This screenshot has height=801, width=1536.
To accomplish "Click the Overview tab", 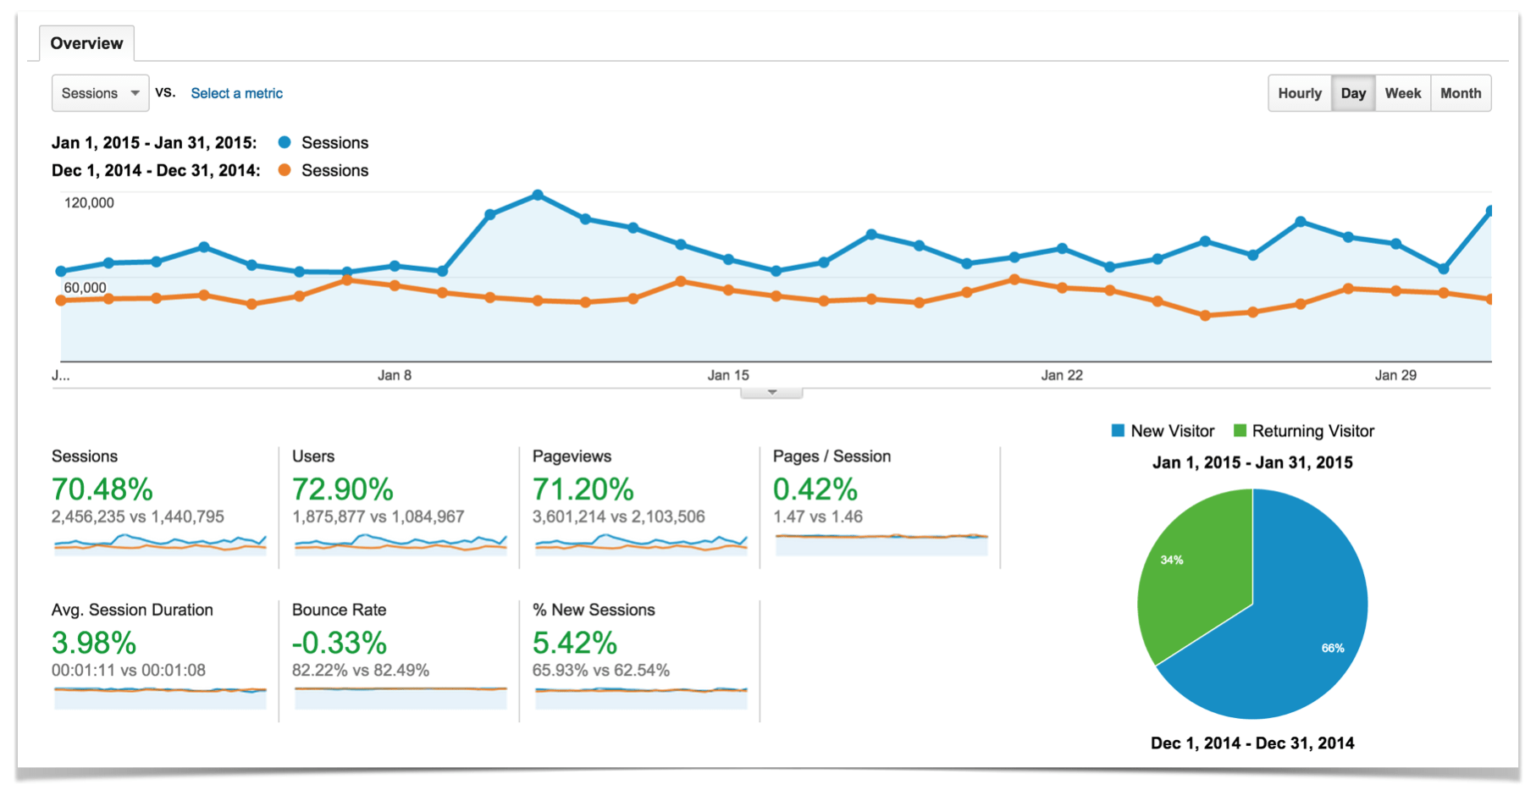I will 86,43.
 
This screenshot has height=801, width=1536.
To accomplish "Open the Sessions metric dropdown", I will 100,93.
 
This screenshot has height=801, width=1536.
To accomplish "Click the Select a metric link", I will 236,93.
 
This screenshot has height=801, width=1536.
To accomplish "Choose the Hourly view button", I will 1299,93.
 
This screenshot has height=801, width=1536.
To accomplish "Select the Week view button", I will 1402,93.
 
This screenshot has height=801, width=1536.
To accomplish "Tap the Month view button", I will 1460,93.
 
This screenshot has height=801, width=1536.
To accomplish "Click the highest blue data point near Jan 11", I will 538,196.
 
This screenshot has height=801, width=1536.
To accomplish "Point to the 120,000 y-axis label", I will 89,202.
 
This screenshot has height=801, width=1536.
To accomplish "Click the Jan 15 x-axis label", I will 728,375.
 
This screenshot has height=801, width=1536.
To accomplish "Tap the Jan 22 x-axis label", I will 1062,375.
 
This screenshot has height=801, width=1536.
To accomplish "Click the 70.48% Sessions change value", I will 102,489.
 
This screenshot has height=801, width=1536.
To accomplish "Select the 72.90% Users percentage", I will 342,489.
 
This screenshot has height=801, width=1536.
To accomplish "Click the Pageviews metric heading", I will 572,456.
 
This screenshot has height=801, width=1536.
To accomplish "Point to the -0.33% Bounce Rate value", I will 339,644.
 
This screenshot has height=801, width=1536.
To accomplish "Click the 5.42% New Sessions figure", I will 574,644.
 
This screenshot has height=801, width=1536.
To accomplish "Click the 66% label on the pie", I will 1332,648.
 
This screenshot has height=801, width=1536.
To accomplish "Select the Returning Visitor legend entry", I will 1312,431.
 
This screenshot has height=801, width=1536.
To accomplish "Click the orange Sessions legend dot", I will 285,170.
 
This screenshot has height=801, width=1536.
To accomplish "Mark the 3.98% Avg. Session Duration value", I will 94,644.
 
